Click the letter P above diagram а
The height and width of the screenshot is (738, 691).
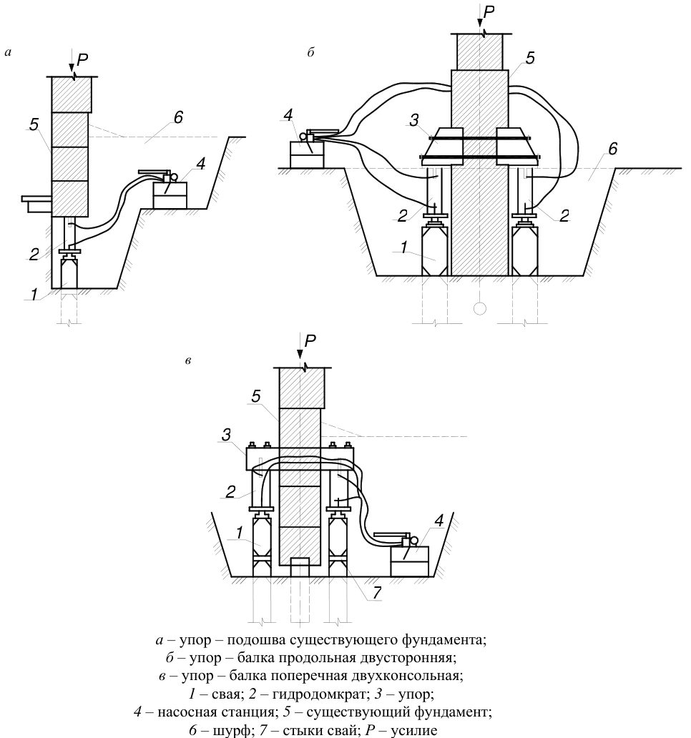83,59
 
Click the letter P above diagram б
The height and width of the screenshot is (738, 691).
489,12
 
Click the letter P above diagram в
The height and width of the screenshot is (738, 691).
310,341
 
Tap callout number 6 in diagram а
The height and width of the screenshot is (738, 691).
178,117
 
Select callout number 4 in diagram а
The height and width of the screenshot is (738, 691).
200,164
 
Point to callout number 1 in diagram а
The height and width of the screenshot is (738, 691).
34,295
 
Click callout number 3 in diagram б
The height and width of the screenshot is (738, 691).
413,120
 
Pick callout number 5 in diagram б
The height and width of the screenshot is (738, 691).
531,58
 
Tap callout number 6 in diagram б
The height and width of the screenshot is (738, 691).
612,149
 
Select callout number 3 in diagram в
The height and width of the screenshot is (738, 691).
227,435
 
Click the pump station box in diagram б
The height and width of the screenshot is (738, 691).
307,154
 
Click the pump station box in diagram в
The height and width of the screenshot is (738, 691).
409,561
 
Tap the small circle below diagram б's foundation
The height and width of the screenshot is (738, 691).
479,309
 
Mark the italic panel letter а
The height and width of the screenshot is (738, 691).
8,53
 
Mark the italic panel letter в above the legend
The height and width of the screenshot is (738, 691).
188,361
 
